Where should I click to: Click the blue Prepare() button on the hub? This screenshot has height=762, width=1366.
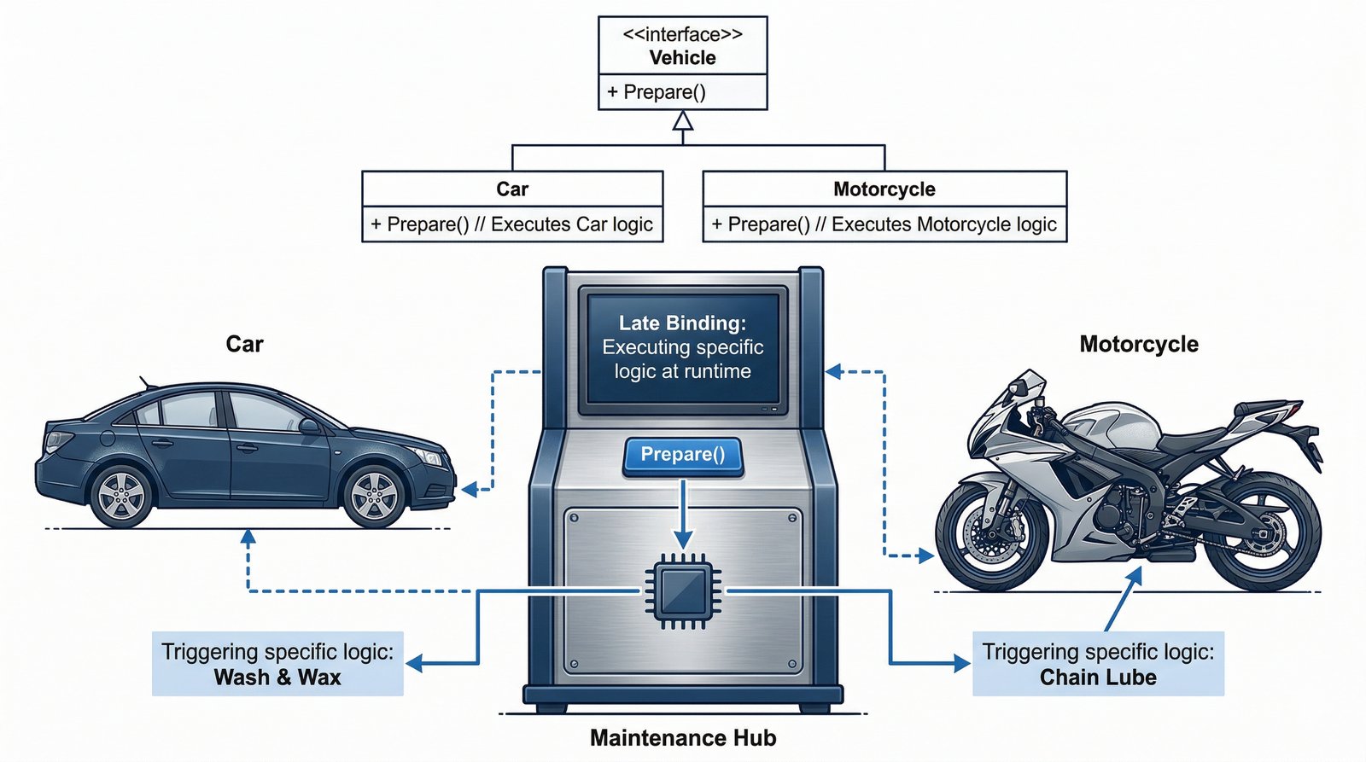pyautogui.click(x=682, y=455)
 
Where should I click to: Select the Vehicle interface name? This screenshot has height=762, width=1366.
pyautogui.click(x=682, y=58)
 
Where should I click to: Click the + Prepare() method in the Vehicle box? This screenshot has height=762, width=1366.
pyautogui.click(x=657, y=92)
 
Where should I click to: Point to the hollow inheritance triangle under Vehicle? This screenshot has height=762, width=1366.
pyautogui.click(x=682, y=121)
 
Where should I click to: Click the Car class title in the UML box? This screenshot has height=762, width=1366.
pyautogui.click(x=512, y=189)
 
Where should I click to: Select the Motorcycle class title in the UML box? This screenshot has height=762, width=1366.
pyautogui.click(x=884, y=189)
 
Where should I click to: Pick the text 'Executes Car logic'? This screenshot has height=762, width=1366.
pyautogui.click(x=572, y=224)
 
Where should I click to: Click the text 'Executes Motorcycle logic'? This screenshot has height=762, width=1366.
pyautogui.click(x=943, y=224)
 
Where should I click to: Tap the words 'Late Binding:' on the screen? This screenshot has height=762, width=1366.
pyautogui.click(x=682, y=323)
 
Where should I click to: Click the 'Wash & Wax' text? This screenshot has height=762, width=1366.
pyautogui.click(x=277, y=678)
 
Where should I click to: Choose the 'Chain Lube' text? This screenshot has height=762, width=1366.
pyautogui.click(x=1098, y=678)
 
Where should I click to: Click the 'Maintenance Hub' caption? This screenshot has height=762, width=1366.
pyautogui.click(x=683, y=738)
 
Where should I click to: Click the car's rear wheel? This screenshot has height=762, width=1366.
pyautogui.click(x=121, y=496)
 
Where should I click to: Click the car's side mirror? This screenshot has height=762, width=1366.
pyautogui.click(x=309, y=426)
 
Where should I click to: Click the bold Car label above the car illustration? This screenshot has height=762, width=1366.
pyautogui.click(x=244, y=344)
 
